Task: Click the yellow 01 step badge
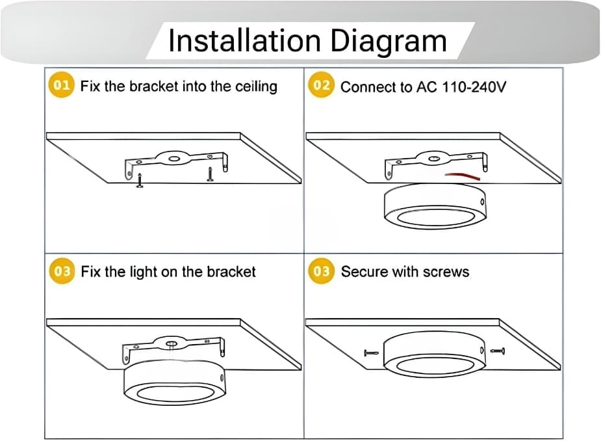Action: coord(61,85)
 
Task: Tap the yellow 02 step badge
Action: coord(321,85)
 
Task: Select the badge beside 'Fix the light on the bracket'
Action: coord(62,271)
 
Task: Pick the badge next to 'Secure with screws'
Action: coord(321,271)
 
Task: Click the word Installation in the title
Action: coord(244,41)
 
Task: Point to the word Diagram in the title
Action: coord(389,42)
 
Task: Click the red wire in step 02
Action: coord(462,176)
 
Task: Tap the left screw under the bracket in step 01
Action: coord(140,180)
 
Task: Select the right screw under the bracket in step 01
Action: coord(210,174)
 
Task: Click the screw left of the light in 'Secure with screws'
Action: coord(371,353)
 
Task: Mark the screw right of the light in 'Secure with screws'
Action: coord(498,351)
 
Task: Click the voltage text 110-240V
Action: coord(474,87)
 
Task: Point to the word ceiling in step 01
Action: coord(256,87)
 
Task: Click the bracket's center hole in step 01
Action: coord(174,158)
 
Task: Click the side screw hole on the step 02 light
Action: coord(482,202)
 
